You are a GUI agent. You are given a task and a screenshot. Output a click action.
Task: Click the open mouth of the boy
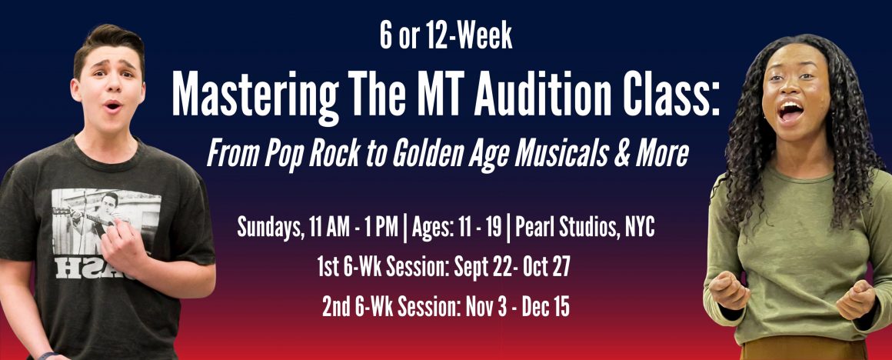pyautogui.click(x=113, y=105)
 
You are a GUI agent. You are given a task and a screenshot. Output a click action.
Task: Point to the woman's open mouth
pyautogui.click(x=791, y=110)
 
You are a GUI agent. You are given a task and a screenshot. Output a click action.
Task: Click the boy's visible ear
pyautogui.click(x=75, y=89)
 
